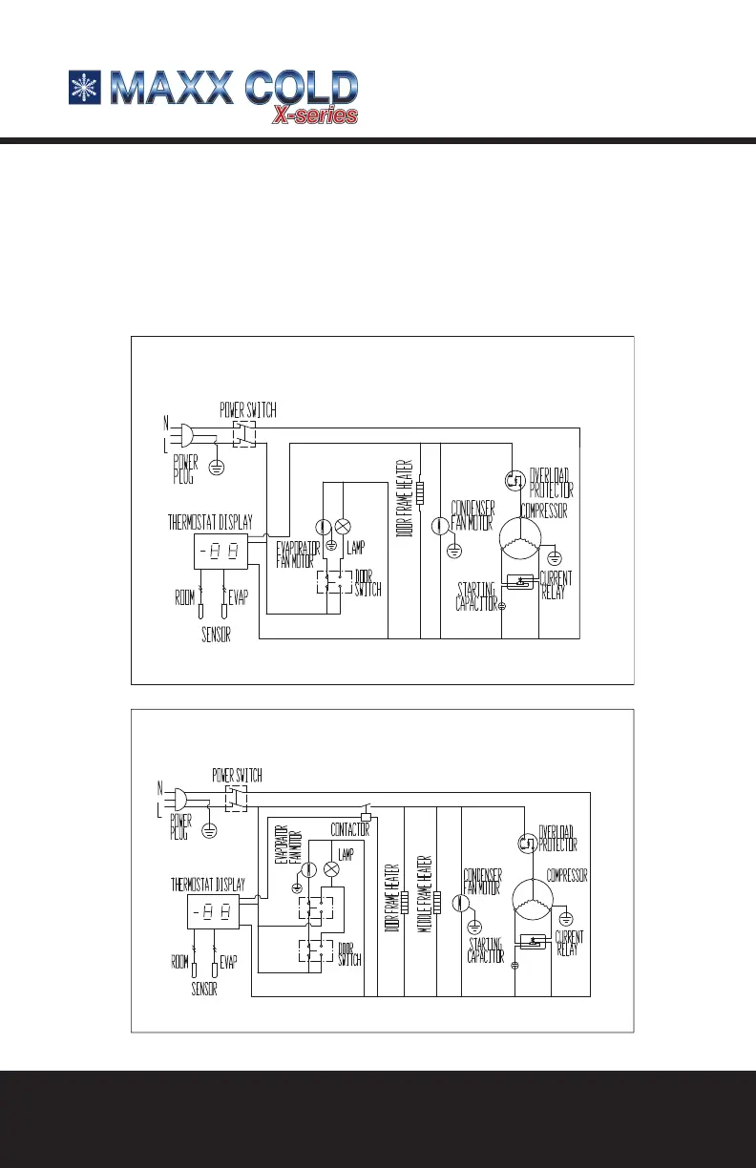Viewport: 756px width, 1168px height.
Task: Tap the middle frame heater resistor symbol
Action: point(438,900)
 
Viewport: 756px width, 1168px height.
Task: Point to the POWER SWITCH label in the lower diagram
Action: point(237,774)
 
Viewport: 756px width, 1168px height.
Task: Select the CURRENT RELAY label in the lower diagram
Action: point(568,944)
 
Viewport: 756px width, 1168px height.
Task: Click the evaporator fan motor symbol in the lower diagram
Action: point(308,869)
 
